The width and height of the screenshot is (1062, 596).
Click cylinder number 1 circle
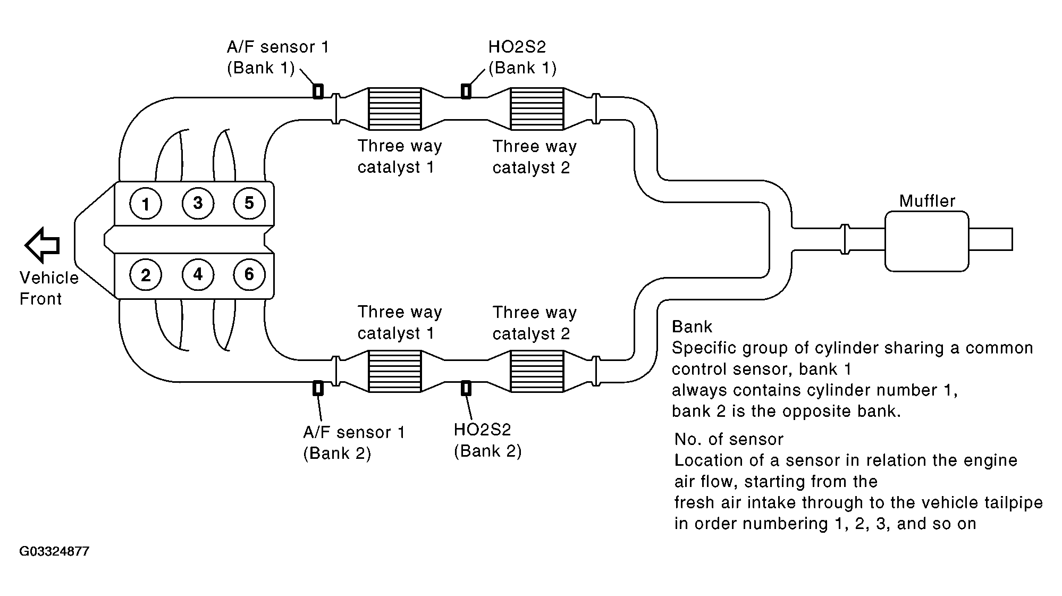pyautogui.click(x=146, y=203)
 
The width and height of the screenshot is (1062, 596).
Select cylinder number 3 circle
pyautogui.click(x=198, y=203)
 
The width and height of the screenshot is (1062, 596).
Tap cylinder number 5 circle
pyautogui.click(x=249, y=203)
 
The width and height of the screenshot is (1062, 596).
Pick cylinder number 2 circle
pyautogui.click(x=146, y=275)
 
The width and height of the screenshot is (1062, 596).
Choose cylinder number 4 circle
pyautogui.click(x=198, y=275)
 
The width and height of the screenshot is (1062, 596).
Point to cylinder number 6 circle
pyautogui.click(x=249, y=275)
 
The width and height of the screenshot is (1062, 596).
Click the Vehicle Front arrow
pyautogui.click(x=42, y=245)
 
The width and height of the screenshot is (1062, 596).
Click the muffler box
pyautogui.click(x=926, y=241)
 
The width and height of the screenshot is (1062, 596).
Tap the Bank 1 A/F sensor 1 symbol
pyautogui.click(x=317, y=91)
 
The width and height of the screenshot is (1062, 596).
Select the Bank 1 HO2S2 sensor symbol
pyautogui.click(x=466, y=91)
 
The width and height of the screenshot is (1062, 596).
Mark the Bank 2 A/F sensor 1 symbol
pyautogui.click(x=317, y=388)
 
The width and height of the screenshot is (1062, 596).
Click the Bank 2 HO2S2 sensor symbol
pyautogui.click(x=466, y=388)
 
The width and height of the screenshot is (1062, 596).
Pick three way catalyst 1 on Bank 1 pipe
pyautogui.click(x=394, y=109)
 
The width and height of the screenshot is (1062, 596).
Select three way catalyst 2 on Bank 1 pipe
pyautogui.click(x=537, y=109)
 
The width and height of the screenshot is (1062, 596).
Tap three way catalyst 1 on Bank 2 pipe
pyautogui.click(x=394, y=371)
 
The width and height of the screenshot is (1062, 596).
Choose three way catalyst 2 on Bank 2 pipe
pyautogui.click(x=537, y=371)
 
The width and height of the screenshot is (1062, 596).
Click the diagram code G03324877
pyautogui.click(x=54, y=551)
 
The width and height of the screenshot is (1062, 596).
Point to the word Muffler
pyautogui.click(x=927, y=200)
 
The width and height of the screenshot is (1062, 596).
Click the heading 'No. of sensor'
pyautogui.click(x=729, y=439)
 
